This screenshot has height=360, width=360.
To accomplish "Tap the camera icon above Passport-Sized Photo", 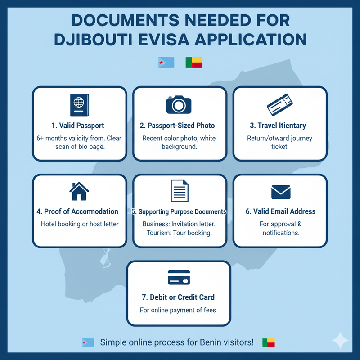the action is point(179,104).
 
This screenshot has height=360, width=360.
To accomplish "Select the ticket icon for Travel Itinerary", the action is point(279,105).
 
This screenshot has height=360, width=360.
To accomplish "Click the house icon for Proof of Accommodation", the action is point(79,191).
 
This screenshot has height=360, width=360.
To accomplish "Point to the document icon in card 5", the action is point(179,191).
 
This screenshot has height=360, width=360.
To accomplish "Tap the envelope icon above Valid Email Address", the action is point(280,192).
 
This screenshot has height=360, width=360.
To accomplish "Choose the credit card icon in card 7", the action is point(179,277).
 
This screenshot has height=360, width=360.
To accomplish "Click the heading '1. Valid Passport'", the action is point(79,125).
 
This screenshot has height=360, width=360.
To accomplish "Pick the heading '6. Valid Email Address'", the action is point(280,211).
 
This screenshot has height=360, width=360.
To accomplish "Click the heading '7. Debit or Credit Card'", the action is point(179,297).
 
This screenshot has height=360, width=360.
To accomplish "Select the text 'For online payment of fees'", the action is point(178,310).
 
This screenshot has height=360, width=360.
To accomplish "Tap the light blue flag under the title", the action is point(166,63).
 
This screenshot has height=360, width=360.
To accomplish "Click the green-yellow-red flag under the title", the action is point(193,63).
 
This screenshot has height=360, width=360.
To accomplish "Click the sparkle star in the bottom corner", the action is point(340,341).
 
